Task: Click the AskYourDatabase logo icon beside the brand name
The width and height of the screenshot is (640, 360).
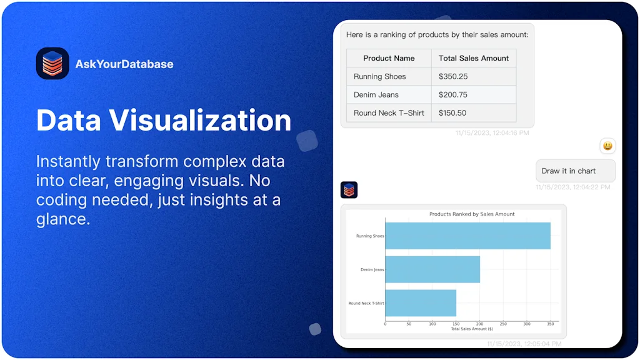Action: (x=52, y=64)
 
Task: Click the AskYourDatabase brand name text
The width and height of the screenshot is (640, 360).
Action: (x=124, y=64)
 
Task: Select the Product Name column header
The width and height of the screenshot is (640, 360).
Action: (x=389, y=58)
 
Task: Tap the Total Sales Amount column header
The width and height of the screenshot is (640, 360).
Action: (x=474, y=58)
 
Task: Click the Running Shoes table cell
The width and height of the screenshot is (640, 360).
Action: (x=380, y=76)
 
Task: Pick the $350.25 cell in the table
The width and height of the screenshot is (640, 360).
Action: (x=453, y=76)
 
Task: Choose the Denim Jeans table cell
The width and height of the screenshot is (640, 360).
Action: (x=376, y=94)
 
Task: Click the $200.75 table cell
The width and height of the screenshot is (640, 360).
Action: (x=453, y=94)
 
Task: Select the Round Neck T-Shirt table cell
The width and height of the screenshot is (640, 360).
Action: (x=389, y=112)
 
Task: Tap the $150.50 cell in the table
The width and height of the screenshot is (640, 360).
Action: (x=453, y=112)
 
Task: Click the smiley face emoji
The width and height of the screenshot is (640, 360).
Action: (x=607, y=146)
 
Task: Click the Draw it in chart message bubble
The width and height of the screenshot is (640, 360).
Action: (x=575, y=171)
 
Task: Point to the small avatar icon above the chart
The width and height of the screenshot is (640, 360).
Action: (x=349, y=190)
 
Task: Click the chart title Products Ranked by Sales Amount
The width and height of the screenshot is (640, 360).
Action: (x=472, y=214)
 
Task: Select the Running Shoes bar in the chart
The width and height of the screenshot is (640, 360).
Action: (x=467, y=236)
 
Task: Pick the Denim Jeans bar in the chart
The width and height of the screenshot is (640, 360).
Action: (x=432, y=269)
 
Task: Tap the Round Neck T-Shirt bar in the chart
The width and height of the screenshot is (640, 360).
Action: (x=421, y=303)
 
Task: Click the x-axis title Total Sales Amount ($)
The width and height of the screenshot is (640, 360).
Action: (x=472, y=329)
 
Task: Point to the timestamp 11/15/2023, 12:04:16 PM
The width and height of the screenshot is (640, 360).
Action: (x=492, y=133)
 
